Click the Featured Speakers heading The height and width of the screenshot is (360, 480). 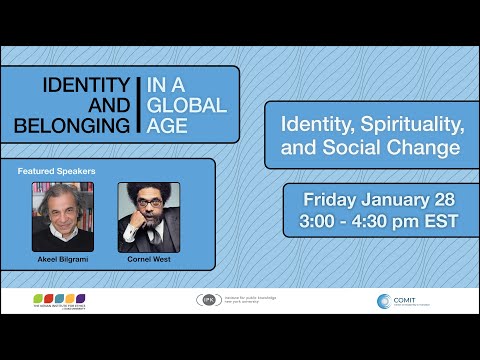coord(56,171)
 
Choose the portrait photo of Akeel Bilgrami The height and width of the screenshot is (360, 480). coord(63,215)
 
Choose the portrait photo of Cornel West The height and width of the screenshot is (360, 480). coord(148,215)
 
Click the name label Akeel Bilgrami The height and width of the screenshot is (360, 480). coord(62,259)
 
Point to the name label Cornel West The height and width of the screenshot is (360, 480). coord(148,259)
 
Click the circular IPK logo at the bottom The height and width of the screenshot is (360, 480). coord(209,300)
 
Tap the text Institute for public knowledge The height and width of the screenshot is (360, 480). coord(256,298)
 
